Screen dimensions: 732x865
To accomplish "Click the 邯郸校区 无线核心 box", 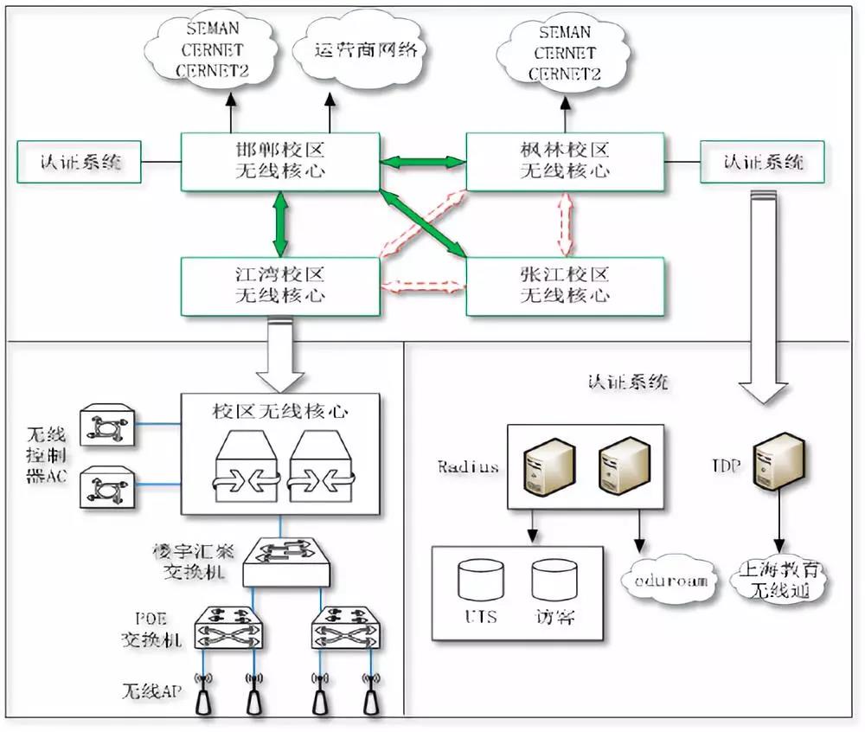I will (x=280, y=162).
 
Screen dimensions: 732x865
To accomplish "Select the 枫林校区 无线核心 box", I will (x=565, y=162).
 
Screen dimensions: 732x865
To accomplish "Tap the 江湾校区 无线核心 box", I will (x=280, y=286).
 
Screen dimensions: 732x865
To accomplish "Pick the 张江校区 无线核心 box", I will (x=565, y=286).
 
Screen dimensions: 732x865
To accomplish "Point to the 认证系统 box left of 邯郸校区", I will (x=80, y=163).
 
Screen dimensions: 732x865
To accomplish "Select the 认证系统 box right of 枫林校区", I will (x=762, y=162).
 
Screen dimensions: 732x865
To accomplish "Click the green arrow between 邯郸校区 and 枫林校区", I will (x=423, y=161).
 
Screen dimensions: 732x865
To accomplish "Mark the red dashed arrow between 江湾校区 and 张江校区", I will (x=423, y=286).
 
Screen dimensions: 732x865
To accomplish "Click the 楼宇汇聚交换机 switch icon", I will (x=286, y=560).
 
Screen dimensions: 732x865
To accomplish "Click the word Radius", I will (x=468, y=467).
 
